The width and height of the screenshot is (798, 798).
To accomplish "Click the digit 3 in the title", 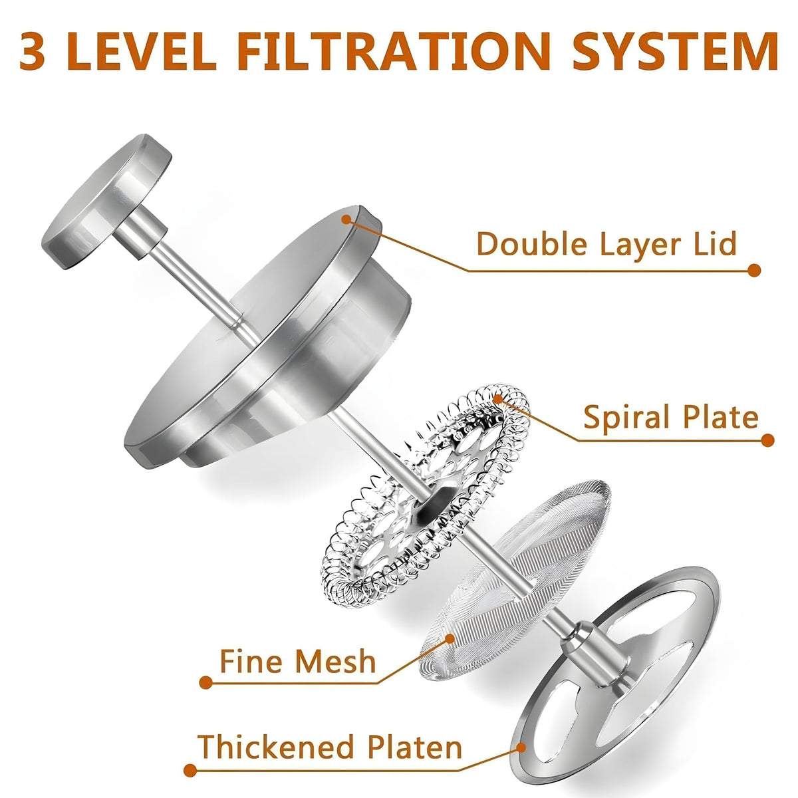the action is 33,51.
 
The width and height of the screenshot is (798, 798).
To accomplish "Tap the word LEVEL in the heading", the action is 142,51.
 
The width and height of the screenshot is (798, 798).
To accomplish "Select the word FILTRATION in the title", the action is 394,51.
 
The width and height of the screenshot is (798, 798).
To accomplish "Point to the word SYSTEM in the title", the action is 676,51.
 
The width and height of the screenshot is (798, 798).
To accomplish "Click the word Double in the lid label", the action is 532,244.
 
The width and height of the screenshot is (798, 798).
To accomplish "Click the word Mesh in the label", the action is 336,661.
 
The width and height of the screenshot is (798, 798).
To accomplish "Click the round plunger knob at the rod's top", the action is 106,201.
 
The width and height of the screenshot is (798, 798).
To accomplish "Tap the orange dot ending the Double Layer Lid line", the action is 754,271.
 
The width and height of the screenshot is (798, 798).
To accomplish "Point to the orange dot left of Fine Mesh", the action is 205,682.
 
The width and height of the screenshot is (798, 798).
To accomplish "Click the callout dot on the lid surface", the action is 346,219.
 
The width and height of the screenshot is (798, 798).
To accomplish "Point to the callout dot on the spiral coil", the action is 498,399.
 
